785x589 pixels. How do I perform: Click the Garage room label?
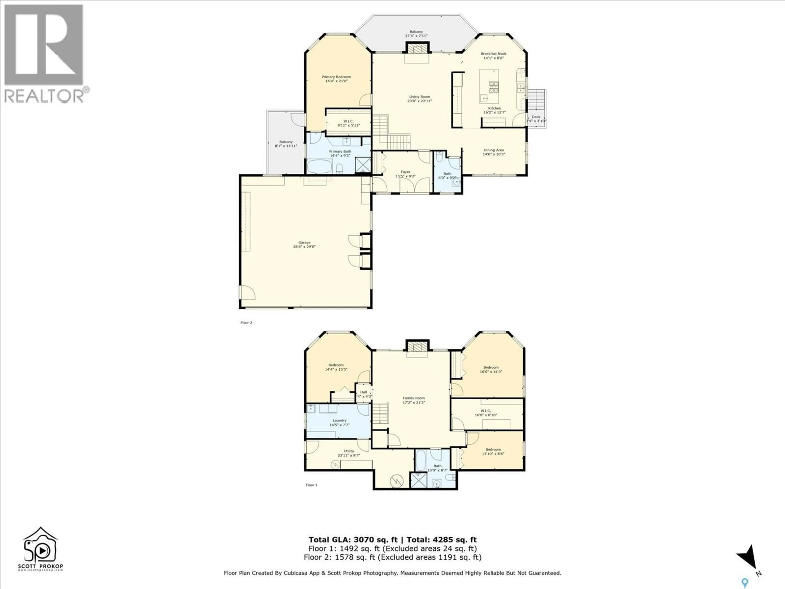point(304,245)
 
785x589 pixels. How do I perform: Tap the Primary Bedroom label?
point(336,79)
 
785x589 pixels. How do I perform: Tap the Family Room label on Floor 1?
point(413,400)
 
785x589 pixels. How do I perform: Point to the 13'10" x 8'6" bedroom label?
point(493,451)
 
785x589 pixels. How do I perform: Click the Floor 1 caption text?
point(311,485)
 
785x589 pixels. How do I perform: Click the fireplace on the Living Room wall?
point(417,48)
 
